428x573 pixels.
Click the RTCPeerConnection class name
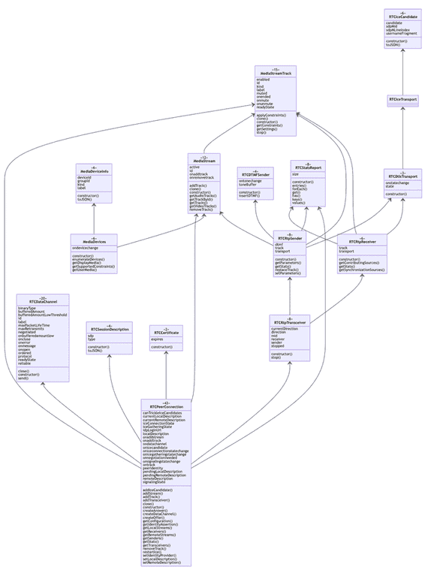165,406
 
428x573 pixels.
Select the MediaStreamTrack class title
275,72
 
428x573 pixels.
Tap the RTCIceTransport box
403,99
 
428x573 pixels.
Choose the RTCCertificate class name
165,331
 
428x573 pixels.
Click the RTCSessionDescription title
110,330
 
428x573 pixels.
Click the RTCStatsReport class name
307,167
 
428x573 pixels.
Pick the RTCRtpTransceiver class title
290,322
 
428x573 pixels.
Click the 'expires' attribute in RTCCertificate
156,339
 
